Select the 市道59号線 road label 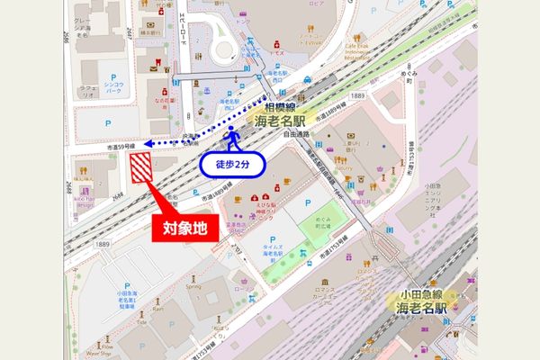[121, 144]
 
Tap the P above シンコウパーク [113, 78]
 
